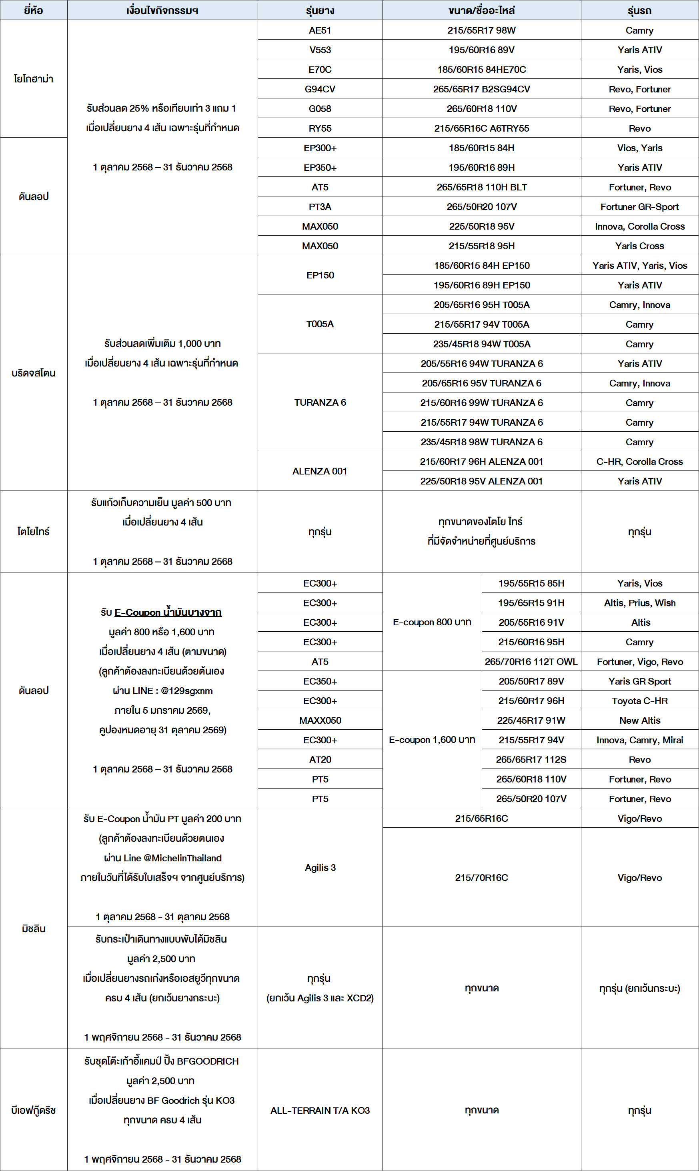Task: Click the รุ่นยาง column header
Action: (x=320, y=10)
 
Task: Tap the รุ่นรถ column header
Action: (x=639, y=10)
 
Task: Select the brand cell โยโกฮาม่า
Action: (x=34, y=79)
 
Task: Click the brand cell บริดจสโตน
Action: (x=34, y=373)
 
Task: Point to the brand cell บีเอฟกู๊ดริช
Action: (x=34, y=1110)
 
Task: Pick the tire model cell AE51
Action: (x=320, y=30)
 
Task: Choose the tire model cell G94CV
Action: (x=320, y=89)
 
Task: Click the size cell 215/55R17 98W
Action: (x=481, y=30)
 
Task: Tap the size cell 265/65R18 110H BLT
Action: (x=481, y=187)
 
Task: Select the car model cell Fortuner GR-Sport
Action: (x=639, y=207)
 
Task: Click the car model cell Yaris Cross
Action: (x=639, y=246)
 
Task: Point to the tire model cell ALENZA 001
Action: (x=320, y=471)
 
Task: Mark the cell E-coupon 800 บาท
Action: (x=432, y=622)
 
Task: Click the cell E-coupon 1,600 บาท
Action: (x=432, y=740)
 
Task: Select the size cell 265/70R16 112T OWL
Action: (x=531, y=662)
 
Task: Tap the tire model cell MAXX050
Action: (x=320, y=721)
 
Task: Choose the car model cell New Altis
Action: (x=639, y=721)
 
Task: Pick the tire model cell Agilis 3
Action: (x=320, y=867)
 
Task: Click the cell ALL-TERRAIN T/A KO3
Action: (x=320, y=1110)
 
